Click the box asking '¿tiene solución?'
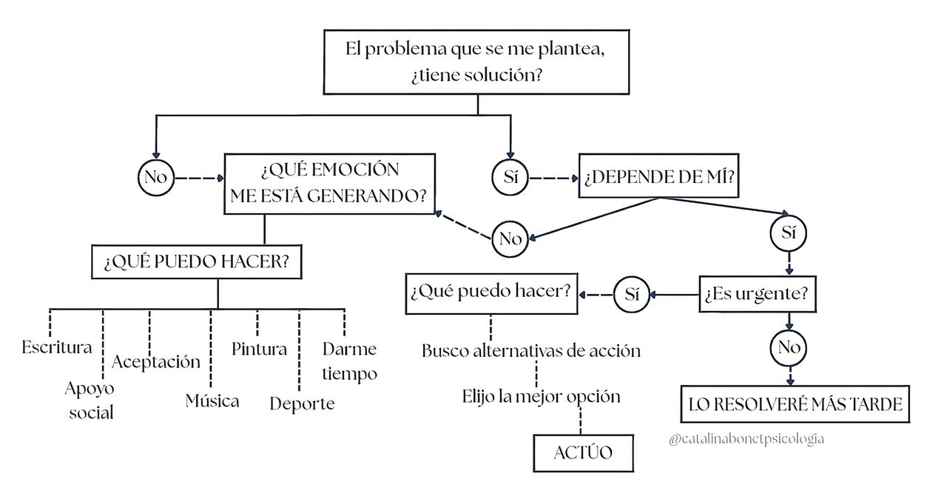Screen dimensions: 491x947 pos(477,63)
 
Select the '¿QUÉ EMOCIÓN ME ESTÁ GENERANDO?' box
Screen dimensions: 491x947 pos(329,184)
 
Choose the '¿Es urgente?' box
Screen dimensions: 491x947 pos(756,294)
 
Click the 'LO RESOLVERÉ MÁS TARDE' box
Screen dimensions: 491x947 pos(795,404)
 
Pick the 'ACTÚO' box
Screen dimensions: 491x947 pos(583,452)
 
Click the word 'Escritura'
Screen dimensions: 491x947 pos(57,347)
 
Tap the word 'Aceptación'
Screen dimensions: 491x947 pos(156,361)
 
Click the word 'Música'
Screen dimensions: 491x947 pos(212,401)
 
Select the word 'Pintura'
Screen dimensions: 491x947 pos(259,349)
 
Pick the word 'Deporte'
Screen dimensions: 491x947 pos(302,404)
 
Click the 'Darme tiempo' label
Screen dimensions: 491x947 pos(349,361)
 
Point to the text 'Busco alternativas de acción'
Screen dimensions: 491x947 pos(531,350)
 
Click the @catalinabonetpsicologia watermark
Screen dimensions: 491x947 pos(745,439)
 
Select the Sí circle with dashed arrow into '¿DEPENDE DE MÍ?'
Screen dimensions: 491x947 pos(510,178)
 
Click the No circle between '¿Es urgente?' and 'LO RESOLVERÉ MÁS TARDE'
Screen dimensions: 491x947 pos(789,348)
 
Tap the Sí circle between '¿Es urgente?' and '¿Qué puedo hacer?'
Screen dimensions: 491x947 pos(631,294)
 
